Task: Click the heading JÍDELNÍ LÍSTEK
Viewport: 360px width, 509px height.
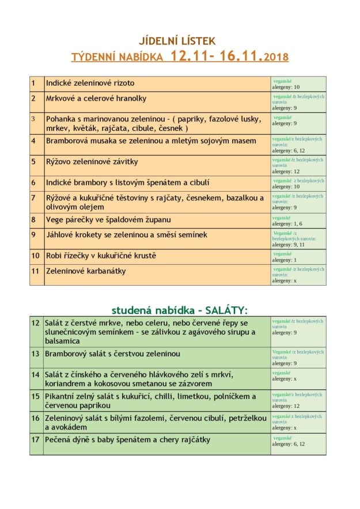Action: (x=177, y=41)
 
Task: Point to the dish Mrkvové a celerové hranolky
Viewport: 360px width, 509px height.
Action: (x=96, y=98)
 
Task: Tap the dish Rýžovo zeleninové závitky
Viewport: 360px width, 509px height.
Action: (x=92, y=162)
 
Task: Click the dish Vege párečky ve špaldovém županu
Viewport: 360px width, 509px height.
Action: (x=108, y=219)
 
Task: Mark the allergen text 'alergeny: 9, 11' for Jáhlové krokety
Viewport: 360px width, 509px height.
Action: (x=289, y=244)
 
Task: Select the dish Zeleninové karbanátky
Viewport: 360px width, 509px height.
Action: (x=86, y=271)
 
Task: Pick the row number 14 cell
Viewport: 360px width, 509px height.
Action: (x=36, y=374)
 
